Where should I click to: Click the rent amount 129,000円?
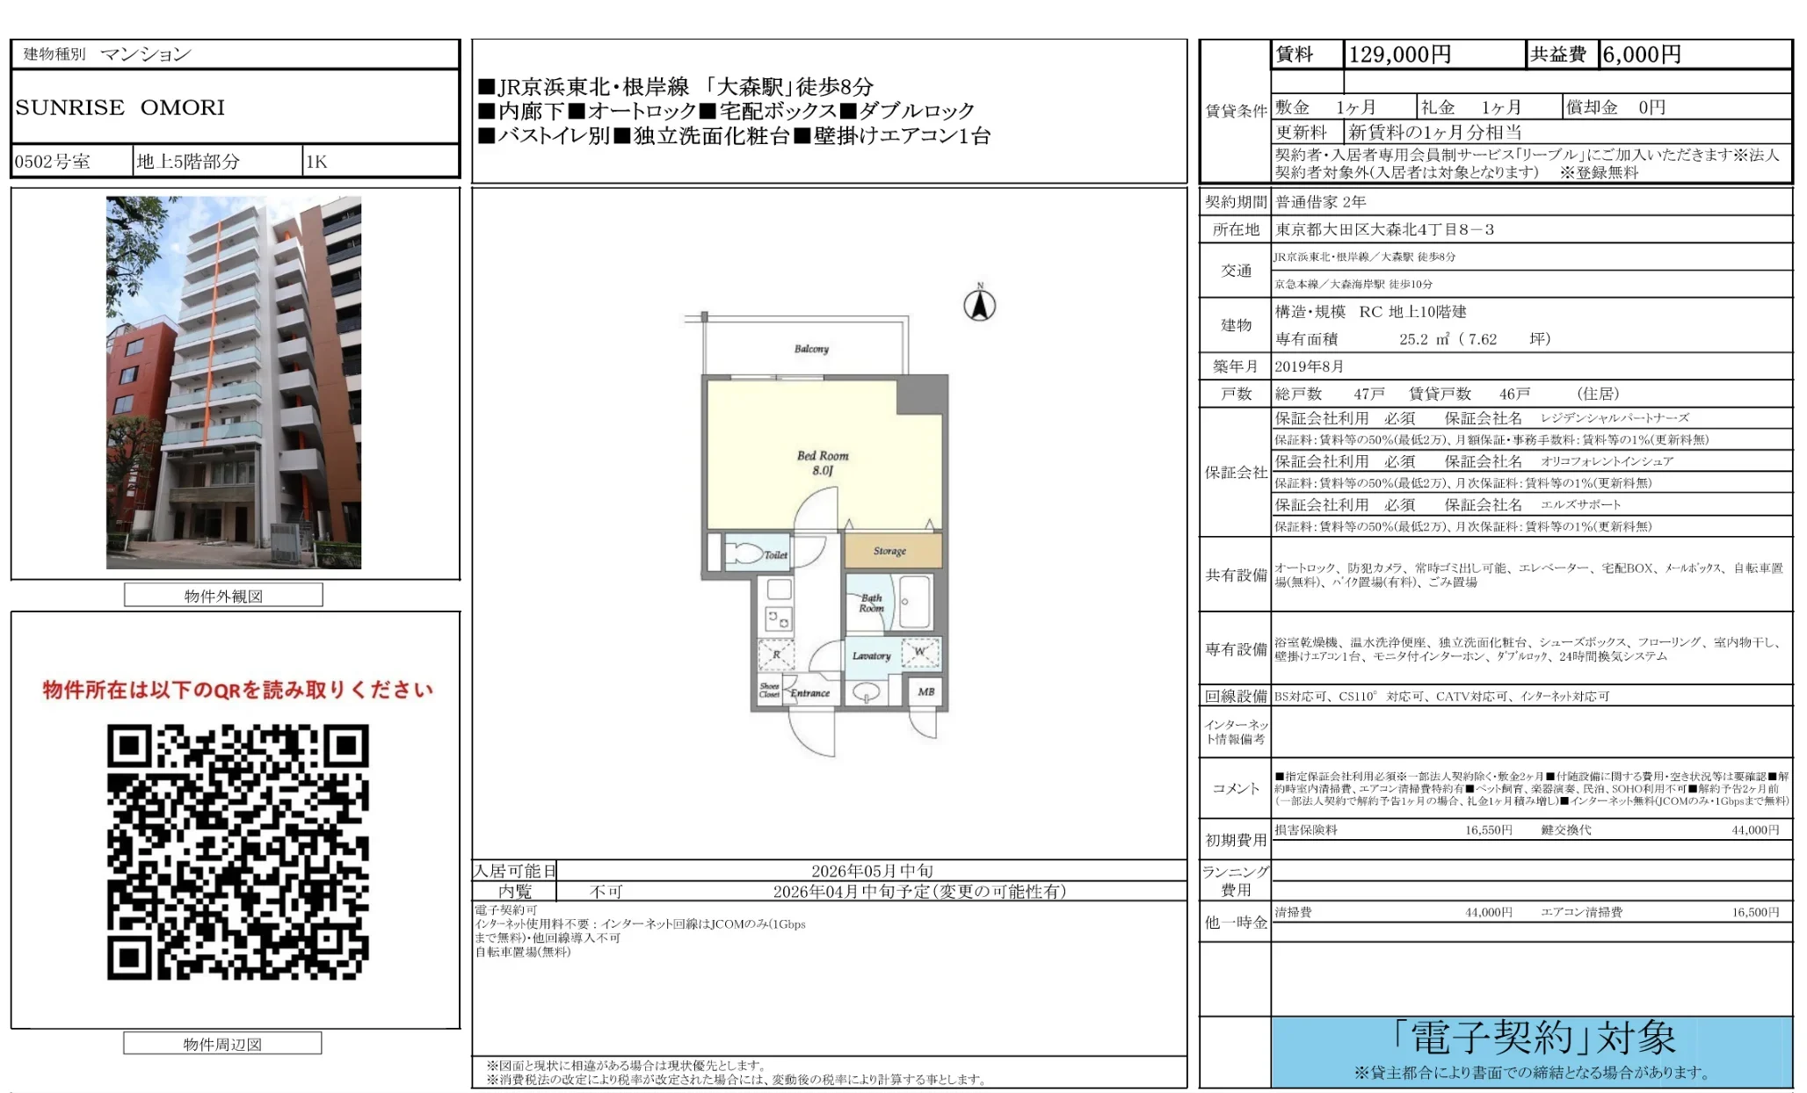[x=1399, y=54]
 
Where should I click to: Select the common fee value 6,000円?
[x=1641, y=54]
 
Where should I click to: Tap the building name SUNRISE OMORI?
[x=120, y=107]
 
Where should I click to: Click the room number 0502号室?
[x=53, y=162]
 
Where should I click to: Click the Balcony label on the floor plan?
[x=811, y=349]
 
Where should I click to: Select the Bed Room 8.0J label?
[x=823, y=462]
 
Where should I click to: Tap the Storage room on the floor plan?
[x=890, y=551]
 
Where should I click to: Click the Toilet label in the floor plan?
[x=775, y=554]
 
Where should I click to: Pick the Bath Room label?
[x=871, y=603]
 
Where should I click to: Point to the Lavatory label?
[x=871, y=655]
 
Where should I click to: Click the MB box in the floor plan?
[x=925, y=691]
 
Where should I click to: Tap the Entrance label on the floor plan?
[x=809, y=692]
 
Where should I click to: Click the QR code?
[x=237, y=851]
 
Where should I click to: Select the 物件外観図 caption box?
[x=223, y=596]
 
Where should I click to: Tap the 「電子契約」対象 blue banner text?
[x=1533, y=1039]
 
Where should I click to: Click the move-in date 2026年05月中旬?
[x=871, y=871]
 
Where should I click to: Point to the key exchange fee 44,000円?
[x=1754, y=829]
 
